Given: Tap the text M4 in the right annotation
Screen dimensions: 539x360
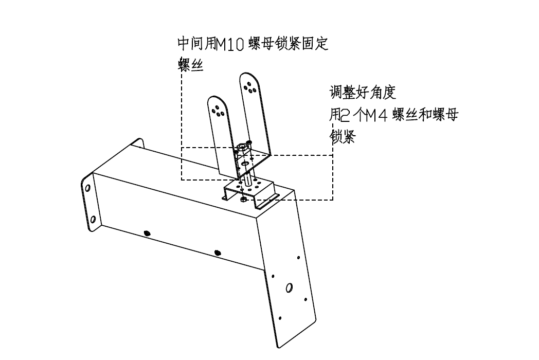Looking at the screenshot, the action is click(x=376, y=116).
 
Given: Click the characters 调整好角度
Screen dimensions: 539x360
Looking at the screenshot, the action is click(x=363, y=93).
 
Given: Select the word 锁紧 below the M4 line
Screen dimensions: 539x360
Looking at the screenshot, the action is click(x=343, y=137).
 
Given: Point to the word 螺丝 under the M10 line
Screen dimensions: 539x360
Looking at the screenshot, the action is click(x=190, y=64).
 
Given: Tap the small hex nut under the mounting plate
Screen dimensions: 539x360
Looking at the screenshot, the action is click(x=243, y=199).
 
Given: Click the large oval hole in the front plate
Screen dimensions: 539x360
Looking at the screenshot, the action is click(x=290, y=287).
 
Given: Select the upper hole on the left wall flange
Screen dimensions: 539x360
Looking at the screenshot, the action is click(x=87, y=188).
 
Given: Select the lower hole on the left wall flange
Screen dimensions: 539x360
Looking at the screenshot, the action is click(x=93, y=220).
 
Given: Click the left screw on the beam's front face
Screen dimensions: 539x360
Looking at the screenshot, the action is click(x=147, y=233).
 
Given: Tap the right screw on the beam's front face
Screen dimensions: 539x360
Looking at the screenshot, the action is click(x=217, y=253).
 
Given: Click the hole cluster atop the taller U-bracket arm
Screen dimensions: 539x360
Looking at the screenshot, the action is click(x=249, y=87).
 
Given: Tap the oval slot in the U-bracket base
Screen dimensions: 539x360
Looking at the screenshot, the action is click(x=245, y=164).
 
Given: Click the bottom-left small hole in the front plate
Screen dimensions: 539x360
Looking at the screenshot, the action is click(x=280, y=318).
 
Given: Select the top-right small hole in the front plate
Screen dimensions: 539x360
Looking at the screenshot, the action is click(x=298, y=257).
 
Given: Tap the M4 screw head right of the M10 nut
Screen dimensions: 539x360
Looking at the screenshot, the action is click(x=249, y=142).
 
